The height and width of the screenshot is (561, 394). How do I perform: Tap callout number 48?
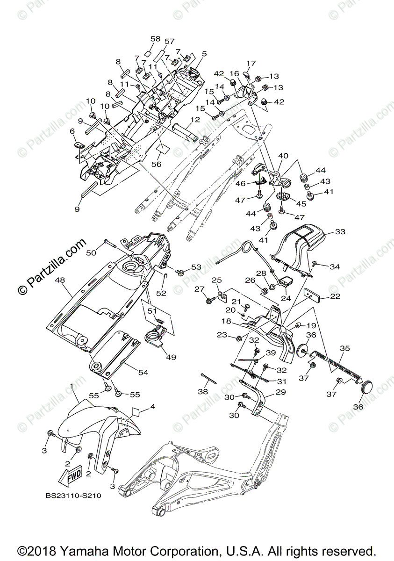[x=60, y=280]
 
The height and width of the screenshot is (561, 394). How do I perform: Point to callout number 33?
[x=340, y=232]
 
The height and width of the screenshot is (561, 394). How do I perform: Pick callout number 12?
[x=195, y=120]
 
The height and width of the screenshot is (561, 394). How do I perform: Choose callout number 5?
[x=204, y=54]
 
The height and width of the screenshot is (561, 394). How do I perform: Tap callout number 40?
[x=283, y=155]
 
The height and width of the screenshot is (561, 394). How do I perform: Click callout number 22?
[x=335, y=296]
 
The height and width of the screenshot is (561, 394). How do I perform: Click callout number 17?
[x=251, y=63]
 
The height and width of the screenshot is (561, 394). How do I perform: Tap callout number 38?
[x=202, y=392]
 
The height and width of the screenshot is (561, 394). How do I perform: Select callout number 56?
[x=156, y=165]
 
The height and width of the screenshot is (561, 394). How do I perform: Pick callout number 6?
[x=72, y=132]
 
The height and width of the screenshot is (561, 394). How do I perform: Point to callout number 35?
[x=344, y=348]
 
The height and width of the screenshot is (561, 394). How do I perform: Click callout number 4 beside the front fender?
[x=151, y=408]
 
